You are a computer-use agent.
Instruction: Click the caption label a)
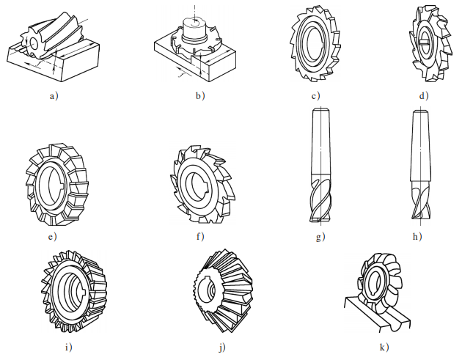tap(54, 96)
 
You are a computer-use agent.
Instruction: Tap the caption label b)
tap(200, 96)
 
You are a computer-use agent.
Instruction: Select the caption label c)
tap(315, 96)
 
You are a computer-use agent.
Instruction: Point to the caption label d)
tap(424, 96)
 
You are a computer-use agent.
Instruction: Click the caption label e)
tap(52, 237)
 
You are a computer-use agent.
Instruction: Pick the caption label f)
tap(200, 236)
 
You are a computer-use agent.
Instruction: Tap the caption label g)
tap(320, 237)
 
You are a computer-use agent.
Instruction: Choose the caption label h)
tap(417, 236)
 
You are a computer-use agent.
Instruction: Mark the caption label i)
tap(68, 348)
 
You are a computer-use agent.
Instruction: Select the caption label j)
tap(222, 348)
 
